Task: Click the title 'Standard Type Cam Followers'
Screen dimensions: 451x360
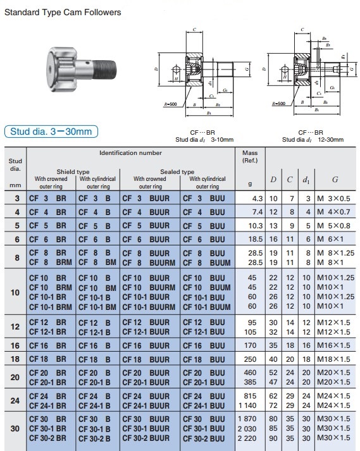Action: (x=63, y=12)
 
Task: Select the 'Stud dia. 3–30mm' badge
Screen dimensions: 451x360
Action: (x=51, y=132)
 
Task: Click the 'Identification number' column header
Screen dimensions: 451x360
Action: (x=130, y=153)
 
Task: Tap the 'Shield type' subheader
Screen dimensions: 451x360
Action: (x=73, y=171)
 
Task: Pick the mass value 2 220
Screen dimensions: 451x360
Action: (x=251, y=438)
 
